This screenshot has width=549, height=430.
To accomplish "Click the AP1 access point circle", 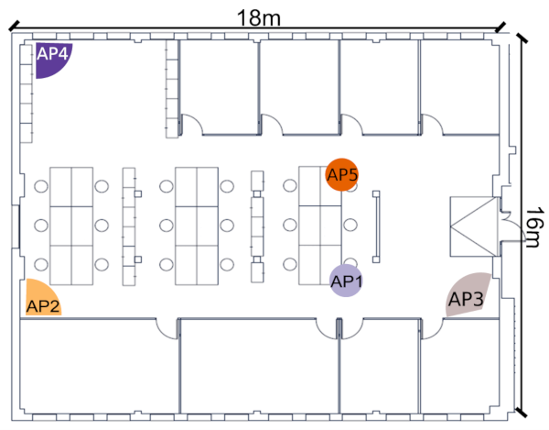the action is click(346, 281).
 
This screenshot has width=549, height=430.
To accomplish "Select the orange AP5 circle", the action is click(342, 174).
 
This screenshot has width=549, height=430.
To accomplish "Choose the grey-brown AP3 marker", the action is click(468, 295).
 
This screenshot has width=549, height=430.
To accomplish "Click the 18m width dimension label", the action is click(259, 17).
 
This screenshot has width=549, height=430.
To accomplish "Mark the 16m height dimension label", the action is click(535, 227).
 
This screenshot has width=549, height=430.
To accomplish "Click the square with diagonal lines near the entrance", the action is click(474, 226).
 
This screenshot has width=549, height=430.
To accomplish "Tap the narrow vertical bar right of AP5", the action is click(376, 226).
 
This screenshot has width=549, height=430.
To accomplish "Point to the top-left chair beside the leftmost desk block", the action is click(41, 186).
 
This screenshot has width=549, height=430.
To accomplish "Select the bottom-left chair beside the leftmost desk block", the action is click(41, 264).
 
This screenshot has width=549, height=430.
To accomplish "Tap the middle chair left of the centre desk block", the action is click(167, 226).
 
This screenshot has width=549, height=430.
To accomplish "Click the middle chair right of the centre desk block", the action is click(227, 226).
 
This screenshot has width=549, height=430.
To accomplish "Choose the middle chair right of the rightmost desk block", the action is click(350, 225).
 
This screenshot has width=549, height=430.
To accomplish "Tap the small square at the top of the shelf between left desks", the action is click(138, 193).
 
